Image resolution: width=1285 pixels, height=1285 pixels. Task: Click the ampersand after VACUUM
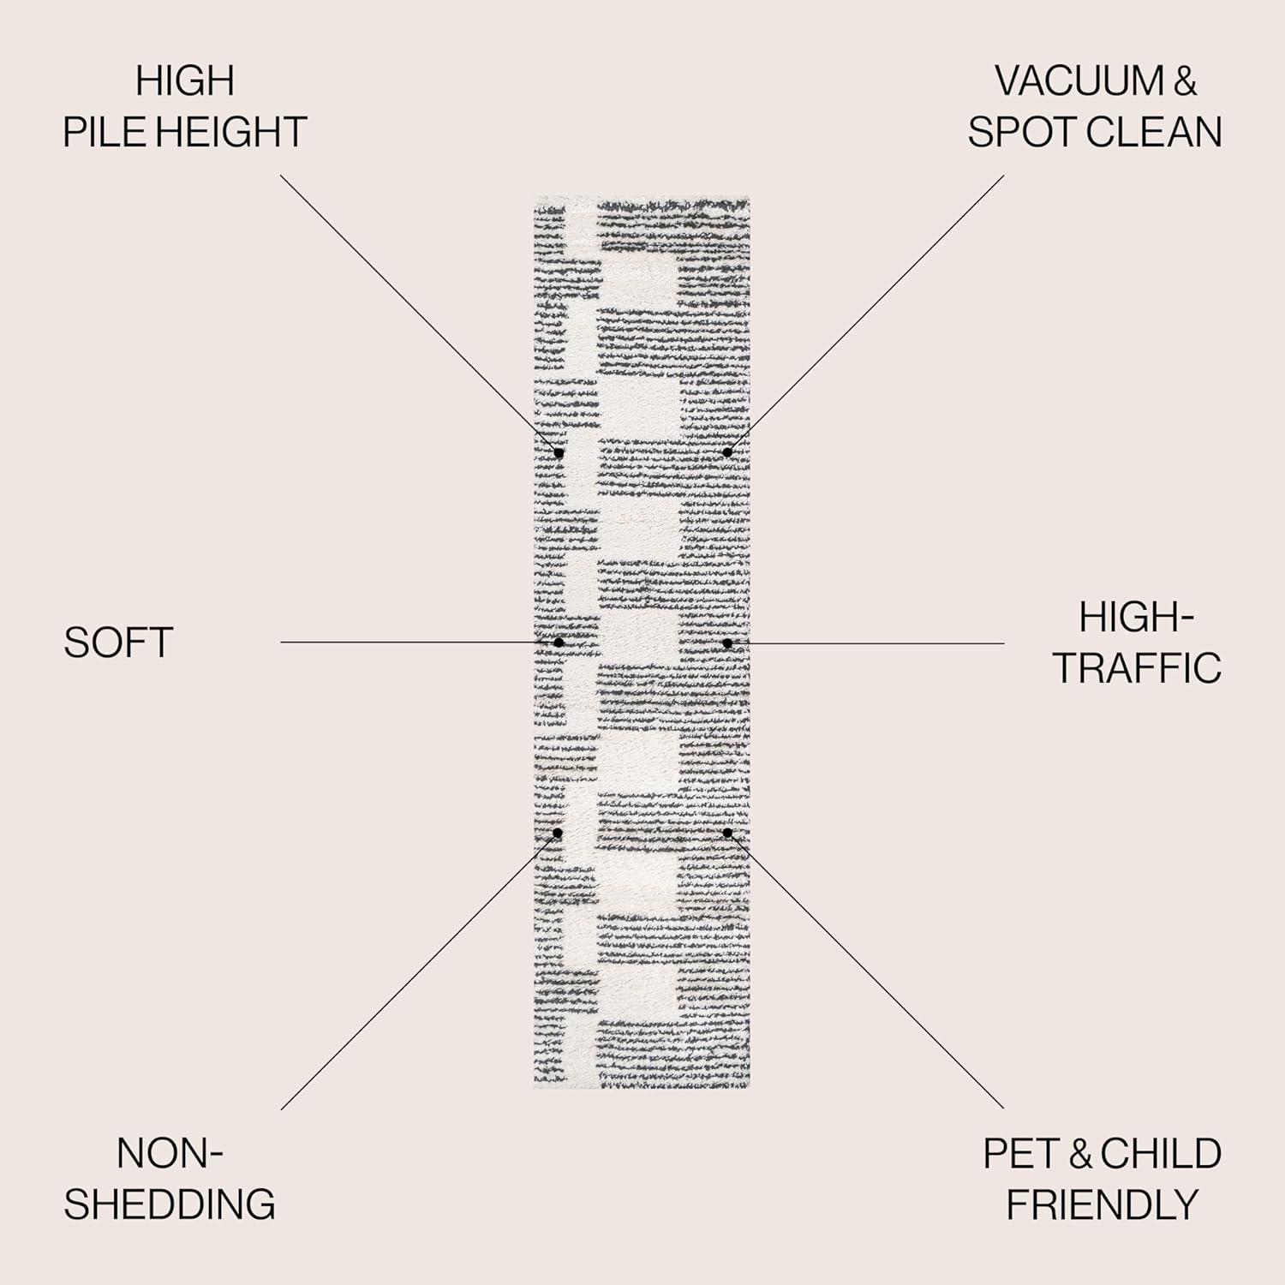click(1185, 81)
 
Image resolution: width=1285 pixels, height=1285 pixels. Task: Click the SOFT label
click(118, 642)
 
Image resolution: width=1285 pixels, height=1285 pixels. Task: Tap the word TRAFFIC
click(1137, 668)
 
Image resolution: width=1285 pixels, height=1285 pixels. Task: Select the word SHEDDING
click(170, 1204)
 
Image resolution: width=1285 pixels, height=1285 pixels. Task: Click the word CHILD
click(1162, 1154)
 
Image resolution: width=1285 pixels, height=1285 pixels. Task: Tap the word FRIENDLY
click(1102, 1204)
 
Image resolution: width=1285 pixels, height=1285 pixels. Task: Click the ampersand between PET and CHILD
click(1079, 1154)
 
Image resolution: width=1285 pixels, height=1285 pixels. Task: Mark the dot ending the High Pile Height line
click(559, 452)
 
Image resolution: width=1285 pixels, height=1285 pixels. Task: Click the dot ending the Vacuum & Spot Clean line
click(726, 452)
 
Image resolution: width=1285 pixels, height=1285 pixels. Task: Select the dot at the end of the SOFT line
click(559, 642)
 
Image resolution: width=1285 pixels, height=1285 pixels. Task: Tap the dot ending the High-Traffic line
click(726, 642)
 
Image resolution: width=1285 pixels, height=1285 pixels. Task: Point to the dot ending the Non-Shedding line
click(558, 833)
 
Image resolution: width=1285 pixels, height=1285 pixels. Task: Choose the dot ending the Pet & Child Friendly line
click(726, 833)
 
